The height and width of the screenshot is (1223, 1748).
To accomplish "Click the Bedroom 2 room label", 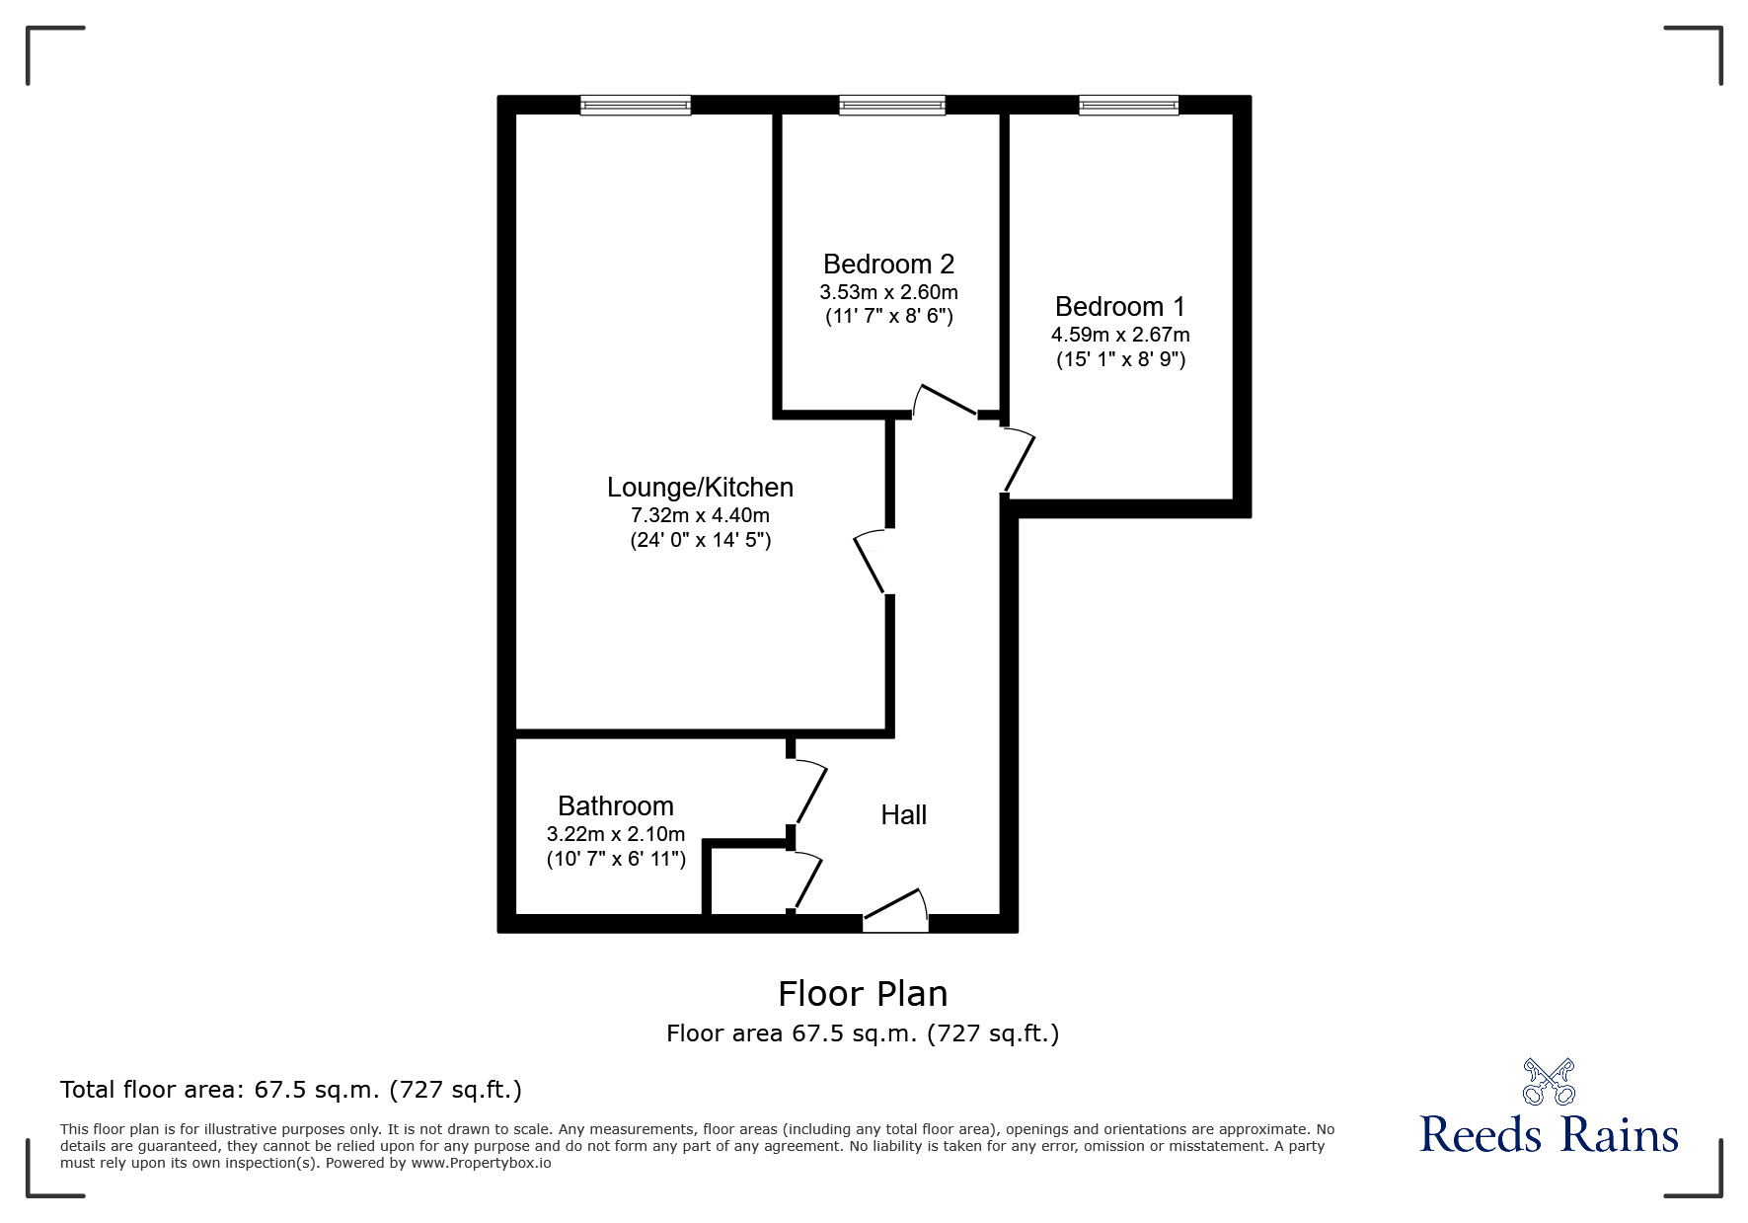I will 888,265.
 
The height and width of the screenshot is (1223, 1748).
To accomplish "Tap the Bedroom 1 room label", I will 1119,307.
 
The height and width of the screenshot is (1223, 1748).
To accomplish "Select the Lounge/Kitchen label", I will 700,488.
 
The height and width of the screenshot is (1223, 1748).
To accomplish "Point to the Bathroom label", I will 616,806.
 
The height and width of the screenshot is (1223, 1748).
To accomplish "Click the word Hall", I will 903,815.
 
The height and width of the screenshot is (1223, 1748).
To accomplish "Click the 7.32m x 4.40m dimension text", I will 700,515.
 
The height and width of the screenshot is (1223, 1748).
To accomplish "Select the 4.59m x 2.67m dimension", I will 1119,335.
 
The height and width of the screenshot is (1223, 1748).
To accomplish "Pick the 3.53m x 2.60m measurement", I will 888,292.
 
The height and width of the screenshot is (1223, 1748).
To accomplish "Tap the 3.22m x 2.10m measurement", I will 616,834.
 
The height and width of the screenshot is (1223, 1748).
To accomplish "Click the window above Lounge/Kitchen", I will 635,105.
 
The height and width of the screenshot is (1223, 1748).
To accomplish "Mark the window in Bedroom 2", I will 891,105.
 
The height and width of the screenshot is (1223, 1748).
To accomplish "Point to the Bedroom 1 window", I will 1128,105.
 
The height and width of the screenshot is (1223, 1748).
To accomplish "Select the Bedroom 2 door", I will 945,400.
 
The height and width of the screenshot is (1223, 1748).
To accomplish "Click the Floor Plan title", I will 862,994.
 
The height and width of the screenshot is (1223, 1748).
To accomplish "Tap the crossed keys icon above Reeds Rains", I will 1549,1081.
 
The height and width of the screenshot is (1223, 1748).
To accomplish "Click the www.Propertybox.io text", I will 482,1163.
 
